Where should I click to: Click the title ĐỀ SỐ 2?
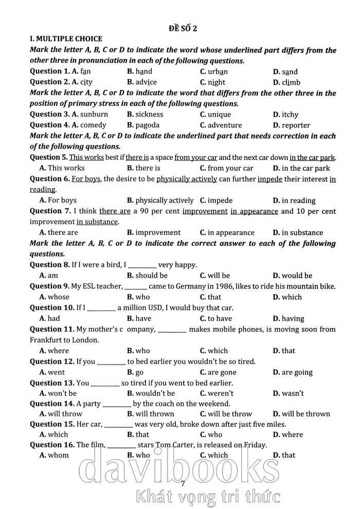click(x=183, y=28)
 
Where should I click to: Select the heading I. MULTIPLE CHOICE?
click(x=66, y=39)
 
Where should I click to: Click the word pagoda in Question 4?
click(x=148, y=125)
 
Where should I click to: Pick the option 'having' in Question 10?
click(x=293, y=319)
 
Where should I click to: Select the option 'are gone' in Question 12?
click(x=222, y=372)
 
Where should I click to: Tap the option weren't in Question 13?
click(x=221, y=393)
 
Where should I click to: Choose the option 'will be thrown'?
click(x=306, y=414)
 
